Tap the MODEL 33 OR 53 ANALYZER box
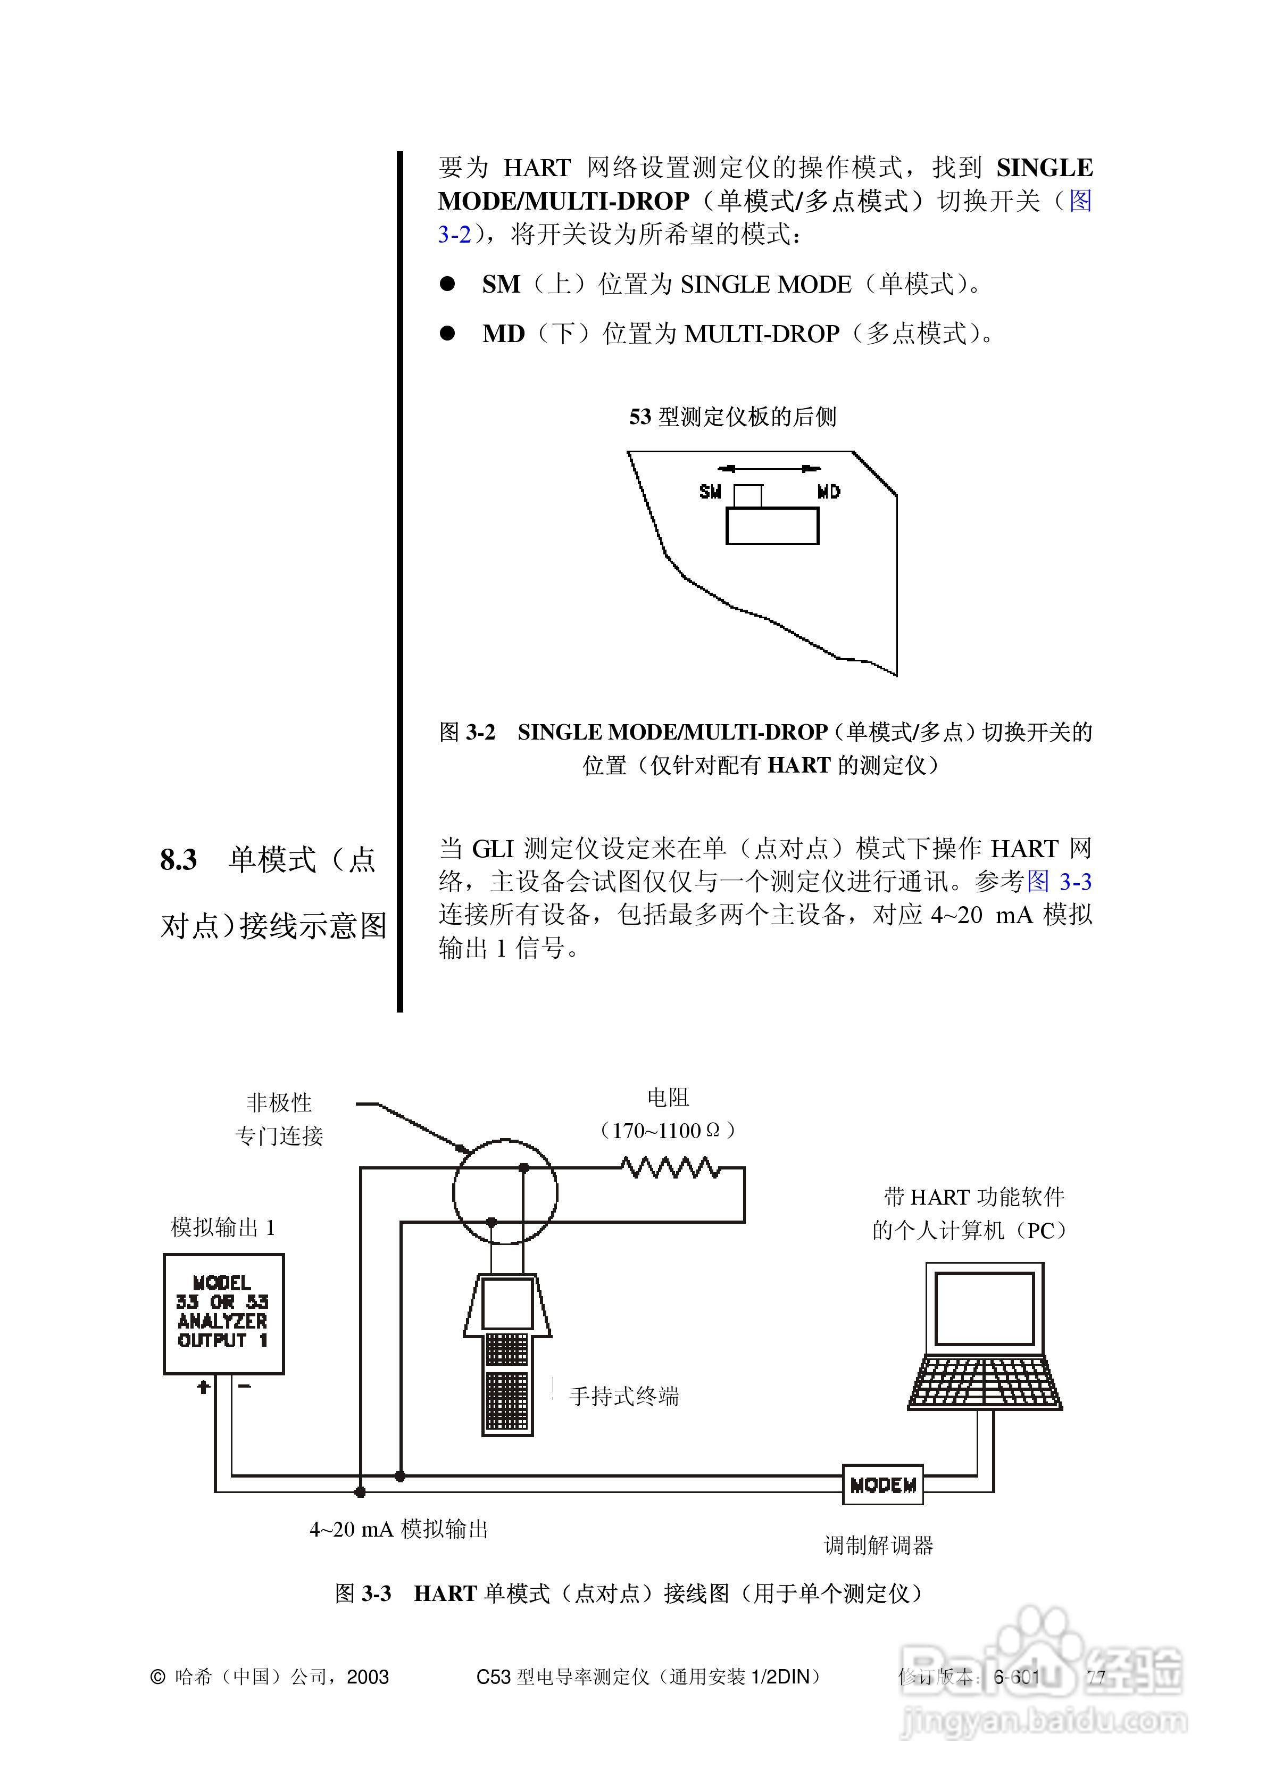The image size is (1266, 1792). tap(223, 1314)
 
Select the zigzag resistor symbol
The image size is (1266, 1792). tap(670, 1167)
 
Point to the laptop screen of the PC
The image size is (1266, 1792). tap(984, 1308)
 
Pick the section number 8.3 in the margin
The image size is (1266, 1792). tap(179, 860)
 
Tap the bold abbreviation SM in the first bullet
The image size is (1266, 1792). tap(501, 284)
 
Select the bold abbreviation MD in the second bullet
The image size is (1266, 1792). tap(503, 334)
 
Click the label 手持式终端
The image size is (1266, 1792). tap(623, 1396)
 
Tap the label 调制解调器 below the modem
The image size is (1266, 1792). tap(878, 1545)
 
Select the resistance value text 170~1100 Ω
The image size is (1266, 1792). tap(668, 1130)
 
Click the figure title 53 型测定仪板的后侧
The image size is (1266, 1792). tap(732, 417)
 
